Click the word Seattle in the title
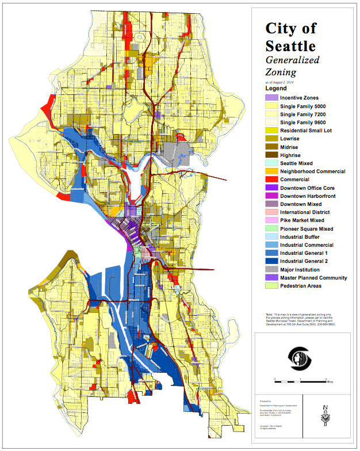290,45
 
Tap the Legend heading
275,89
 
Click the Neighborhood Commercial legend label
320,172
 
